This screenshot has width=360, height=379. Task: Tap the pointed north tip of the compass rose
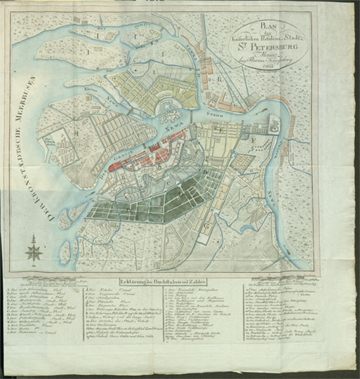(x=32, y=240)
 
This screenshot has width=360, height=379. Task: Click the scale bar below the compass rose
(x=32, y=269)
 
